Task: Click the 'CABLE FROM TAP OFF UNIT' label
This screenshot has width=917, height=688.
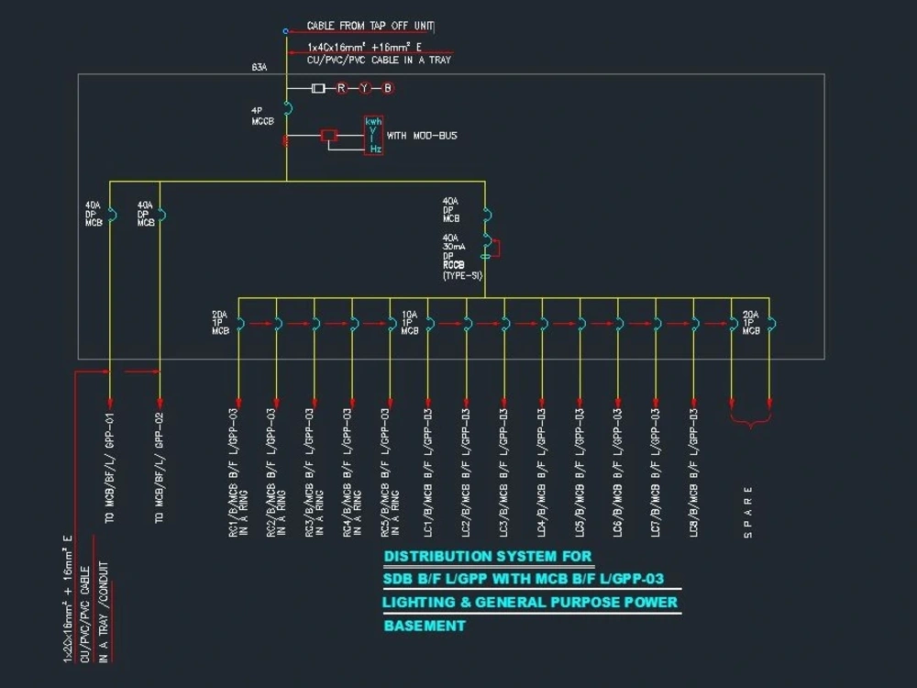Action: tap(370, 27)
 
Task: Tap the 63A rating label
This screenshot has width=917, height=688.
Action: tap(259, 67)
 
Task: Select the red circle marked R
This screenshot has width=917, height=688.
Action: tap(341, 88)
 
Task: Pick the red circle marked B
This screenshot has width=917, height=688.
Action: tap(388, 88)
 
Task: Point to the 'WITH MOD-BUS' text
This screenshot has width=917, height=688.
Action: tap(422, 136)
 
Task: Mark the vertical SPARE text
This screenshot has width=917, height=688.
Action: tap(748, 505)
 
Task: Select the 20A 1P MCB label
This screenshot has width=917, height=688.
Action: tap(751, 322)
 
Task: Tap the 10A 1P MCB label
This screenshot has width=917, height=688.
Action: tap(410, 322)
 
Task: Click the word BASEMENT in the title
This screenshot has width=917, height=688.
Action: tap(425, 627)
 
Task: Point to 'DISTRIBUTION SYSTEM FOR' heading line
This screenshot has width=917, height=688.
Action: tap(488, 557)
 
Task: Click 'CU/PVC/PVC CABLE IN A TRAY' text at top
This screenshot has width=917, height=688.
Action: tap(379, 60)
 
